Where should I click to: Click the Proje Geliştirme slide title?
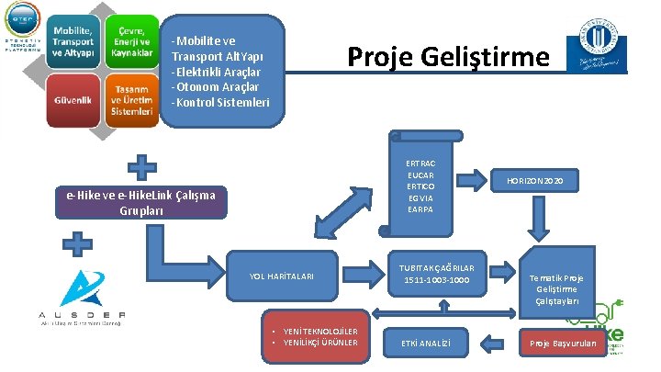pos(448,58)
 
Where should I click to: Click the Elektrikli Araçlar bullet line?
pos(217,72)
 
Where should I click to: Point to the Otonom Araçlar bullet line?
pos(216,86)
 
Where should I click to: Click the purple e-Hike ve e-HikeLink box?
pos(140,202)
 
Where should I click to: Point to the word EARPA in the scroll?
pos(420,209)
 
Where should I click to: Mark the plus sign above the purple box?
pos(140,166)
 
